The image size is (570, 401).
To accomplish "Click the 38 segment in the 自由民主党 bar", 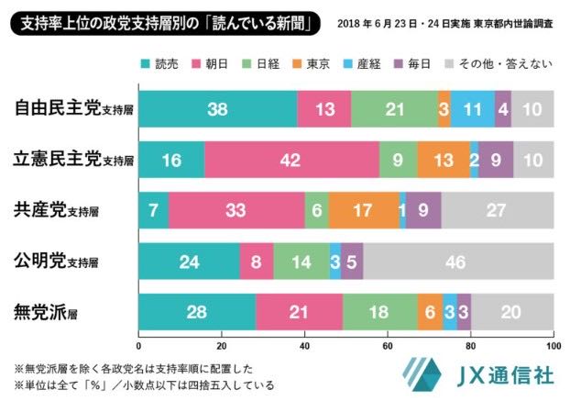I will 217,110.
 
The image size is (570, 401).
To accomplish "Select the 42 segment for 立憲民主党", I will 292,160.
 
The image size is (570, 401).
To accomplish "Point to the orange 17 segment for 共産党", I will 364,210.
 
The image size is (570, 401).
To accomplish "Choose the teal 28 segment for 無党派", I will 197,311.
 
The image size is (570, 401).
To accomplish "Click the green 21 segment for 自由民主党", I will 395,110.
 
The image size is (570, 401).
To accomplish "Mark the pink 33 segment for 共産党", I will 236,210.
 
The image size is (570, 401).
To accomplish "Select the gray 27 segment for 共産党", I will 497,210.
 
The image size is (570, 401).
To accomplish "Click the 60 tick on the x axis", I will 388,347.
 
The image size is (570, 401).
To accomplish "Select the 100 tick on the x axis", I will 552,347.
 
